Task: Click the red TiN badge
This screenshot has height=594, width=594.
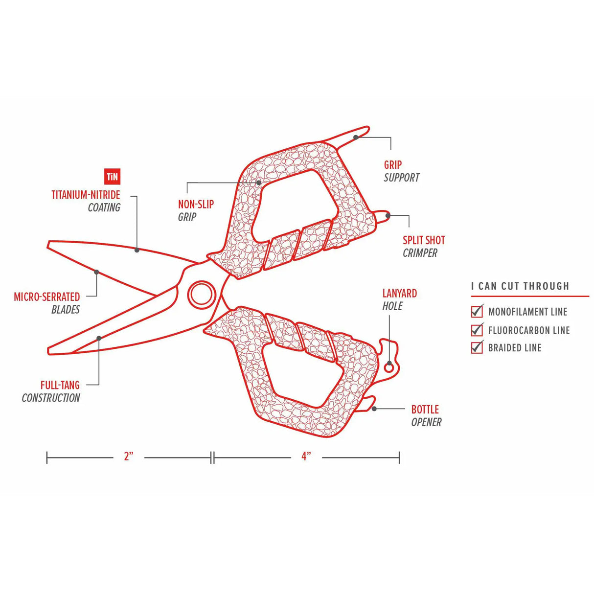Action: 112,177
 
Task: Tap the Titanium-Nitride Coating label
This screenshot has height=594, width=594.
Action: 86,201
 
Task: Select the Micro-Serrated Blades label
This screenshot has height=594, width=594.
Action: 47,303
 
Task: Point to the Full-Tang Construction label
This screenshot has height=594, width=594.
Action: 51,391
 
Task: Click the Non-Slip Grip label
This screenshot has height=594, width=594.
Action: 196,210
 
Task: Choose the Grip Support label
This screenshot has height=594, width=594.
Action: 401,171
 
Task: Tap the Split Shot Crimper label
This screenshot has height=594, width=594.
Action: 423,247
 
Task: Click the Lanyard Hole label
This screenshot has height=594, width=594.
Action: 399,299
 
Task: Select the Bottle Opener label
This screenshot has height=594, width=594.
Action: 426,415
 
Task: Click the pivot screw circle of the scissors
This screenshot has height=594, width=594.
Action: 202,295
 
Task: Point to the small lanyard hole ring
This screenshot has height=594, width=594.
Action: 389,366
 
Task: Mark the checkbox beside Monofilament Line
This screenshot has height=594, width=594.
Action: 477,311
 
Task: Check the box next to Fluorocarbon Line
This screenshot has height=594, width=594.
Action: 477,330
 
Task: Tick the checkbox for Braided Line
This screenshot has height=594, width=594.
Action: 477,347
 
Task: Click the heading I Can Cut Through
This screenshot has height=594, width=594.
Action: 520,286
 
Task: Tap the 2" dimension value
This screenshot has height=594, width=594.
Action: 129,457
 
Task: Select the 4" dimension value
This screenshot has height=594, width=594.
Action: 306,457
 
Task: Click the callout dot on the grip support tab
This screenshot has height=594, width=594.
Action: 356,137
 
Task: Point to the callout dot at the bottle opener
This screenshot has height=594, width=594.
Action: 374,408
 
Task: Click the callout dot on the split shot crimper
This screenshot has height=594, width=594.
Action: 388,215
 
